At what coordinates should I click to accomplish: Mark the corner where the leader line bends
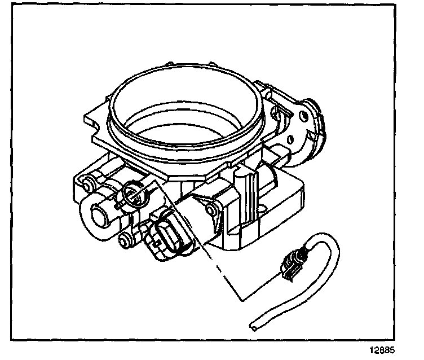coord(240,298)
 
